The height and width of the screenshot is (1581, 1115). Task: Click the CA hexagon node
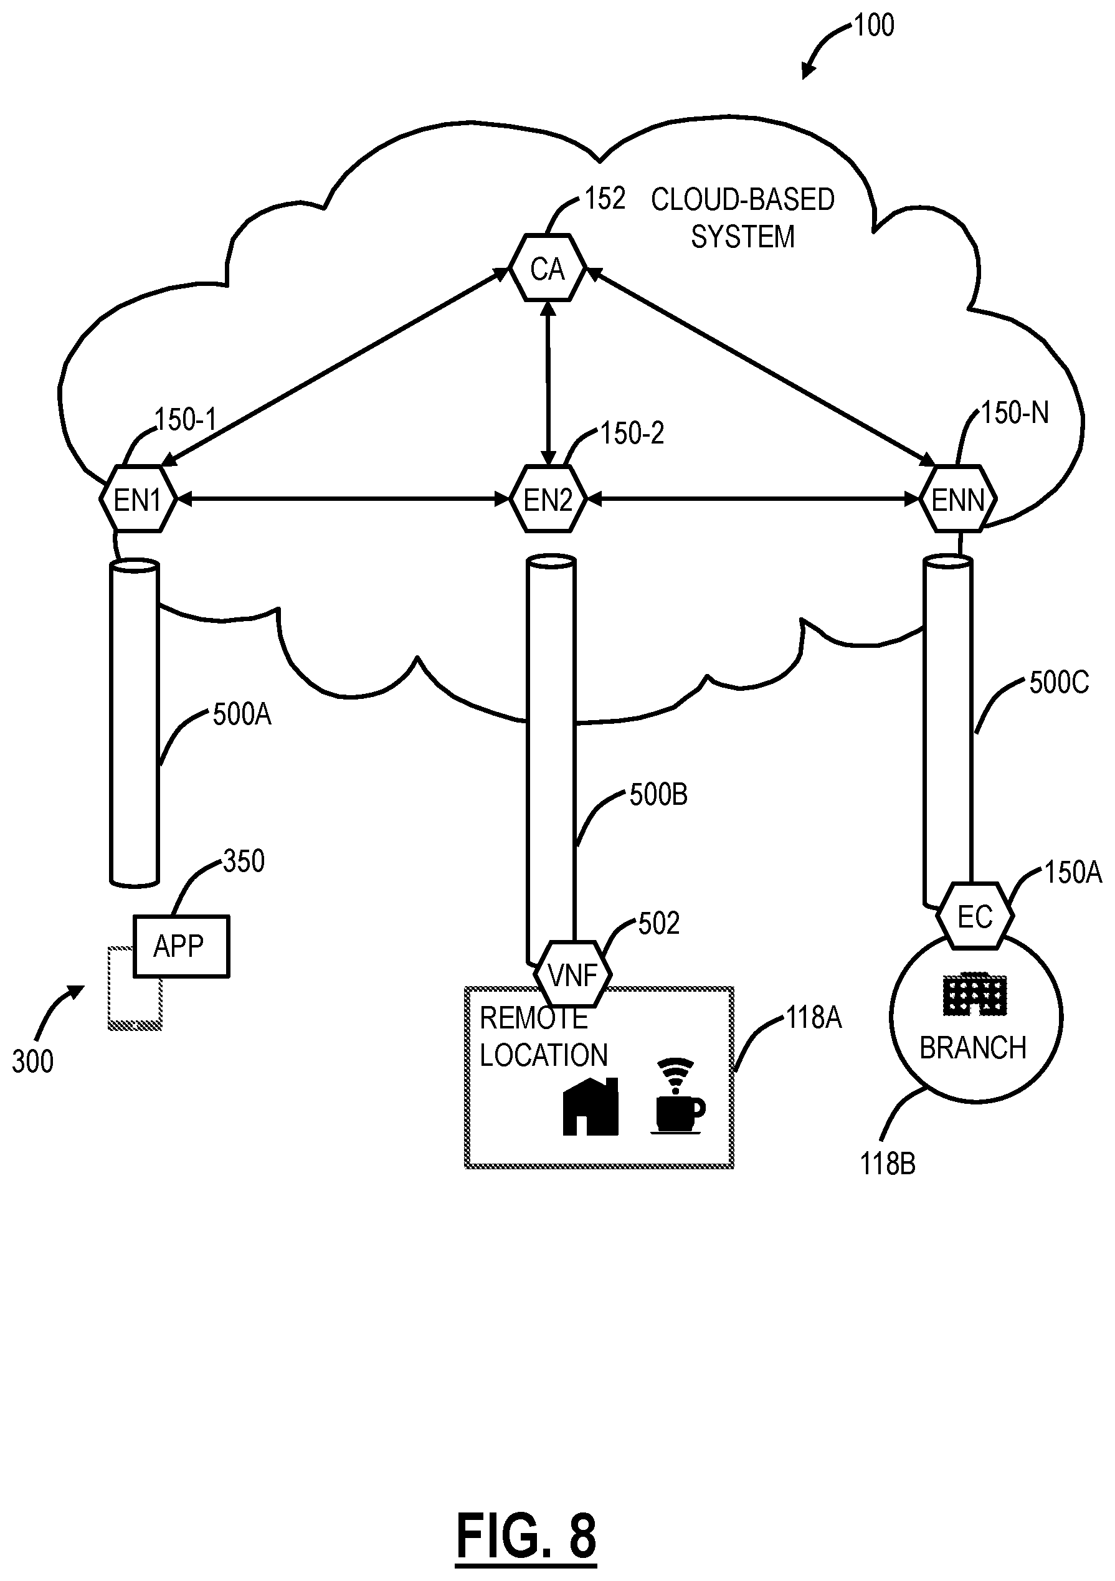coord(548,268)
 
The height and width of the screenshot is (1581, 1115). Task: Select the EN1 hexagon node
coord(138,499)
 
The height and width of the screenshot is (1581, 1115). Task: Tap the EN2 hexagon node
coord(548,499)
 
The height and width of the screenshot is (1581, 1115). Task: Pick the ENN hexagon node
coord(958,499)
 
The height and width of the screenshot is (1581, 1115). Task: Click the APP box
coord(181,946)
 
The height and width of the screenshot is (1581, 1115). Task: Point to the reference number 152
coord(605,199)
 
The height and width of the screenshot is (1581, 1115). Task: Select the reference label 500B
coord(658,795)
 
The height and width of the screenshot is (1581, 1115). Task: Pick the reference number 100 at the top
coord(874,26)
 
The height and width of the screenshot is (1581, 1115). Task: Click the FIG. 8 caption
coord(526,1536)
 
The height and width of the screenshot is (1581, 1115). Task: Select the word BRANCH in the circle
coord(973,1048)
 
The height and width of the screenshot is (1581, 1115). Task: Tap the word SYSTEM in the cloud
coord(743,237)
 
